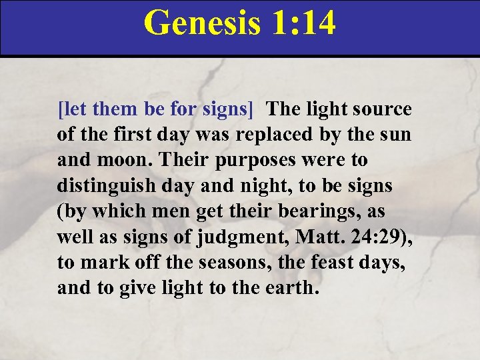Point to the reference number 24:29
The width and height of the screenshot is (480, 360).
pos(372,237)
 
